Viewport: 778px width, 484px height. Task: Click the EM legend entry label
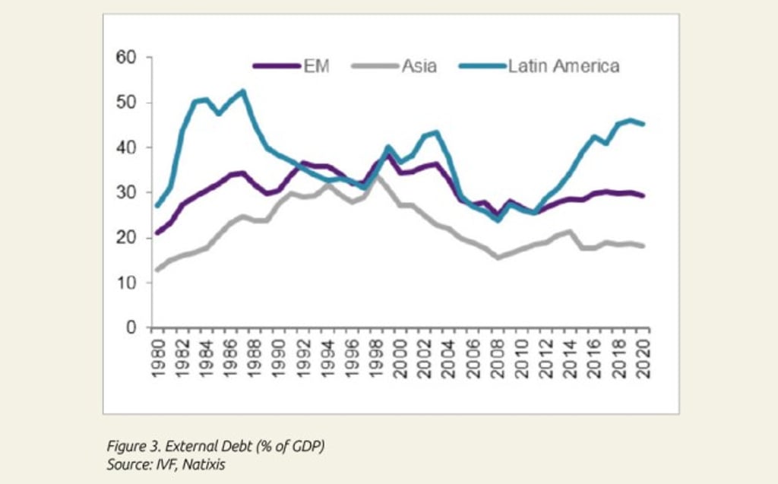pyautogui.click(x=317, y=65)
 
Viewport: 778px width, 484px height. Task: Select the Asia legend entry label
pyautogui.click(x=419, y=65)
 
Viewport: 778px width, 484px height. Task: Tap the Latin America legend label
pyautogui.click(x=564, y=65)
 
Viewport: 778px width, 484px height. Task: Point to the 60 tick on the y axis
pyautogui.click(x=126, y=57)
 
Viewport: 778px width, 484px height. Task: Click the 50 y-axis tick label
pyautogui.click(x=126, y=103)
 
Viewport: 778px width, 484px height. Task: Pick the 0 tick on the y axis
pyautogui.click(x=131, y=328)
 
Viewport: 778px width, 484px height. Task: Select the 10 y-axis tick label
pyautogui.click(x=126, y=283)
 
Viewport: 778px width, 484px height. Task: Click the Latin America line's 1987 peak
pyautogui.click(x=242, y=91)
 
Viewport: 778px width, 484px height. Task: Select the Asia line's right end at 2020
pyautogui.click(x=644, y=245)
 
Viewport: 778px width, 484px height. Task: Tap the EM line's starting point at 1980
pyautogui.click(x=157, y=233)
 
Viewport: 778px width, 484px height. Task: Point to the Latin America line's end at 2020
pyautogui.click(x=644, y=124)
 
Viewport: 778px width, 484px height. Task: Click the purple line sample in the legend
pyautogui.click(x=275, y=66)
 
